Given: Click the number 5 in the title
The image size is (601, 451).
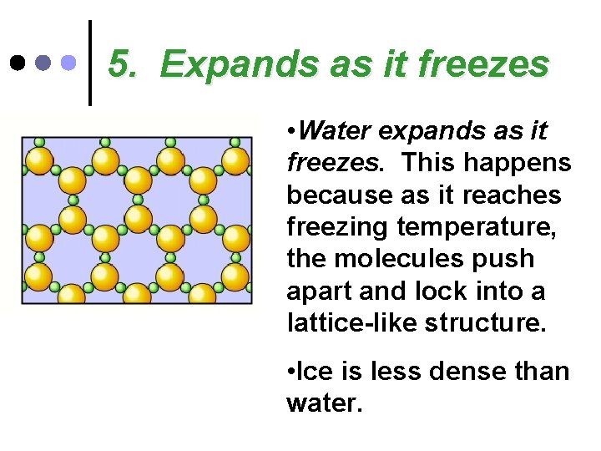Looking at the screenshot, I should [122, 64].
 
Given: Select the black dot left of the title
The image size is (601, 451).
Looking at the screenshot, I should [17, 62].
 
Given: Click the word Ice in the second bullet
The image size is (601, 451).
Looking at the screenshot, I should [311, 371].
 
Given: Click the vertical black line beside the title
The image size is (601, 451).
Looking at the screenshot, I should [90, 63].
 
